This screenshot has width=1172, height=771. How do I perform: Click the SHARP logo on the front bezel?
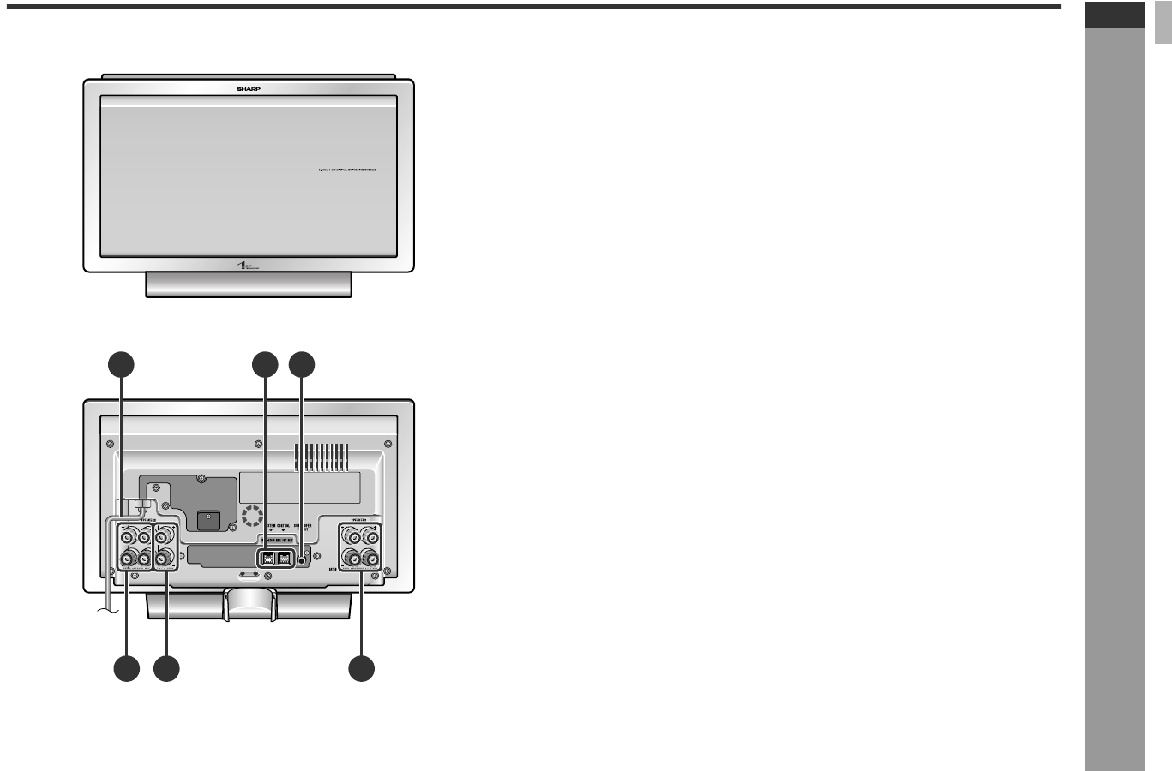click(248, 87)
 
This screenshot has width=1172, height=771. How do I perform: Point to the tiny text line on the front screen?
click(347, 170)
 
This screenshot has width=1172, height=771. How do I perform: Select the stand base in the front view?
click(249, 284)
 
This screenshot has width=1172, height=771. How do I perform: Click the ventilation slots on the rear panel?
click(322, 456)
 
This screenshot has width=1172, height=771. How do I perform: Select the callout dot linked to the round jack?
click(302, 365)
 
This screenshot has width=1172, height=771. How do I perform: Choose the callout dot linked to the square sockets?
click(265, 365)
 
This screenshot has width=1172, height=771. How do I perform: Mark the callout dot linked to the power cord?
click(121, 365)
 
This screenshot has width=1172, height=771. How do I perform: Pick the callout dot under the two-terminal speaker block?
click(166, 670)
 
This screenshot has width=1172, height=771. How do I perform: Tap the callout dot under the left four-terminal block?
click(126, 670)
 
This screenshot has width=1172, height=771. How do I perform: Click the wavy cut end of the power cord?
click(104, 609)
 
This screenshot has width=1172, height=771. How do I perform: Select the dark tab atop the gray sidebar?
click(1115, 15)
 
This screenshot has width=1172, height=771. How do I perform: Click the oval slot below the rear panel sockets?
click(250, 576)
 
